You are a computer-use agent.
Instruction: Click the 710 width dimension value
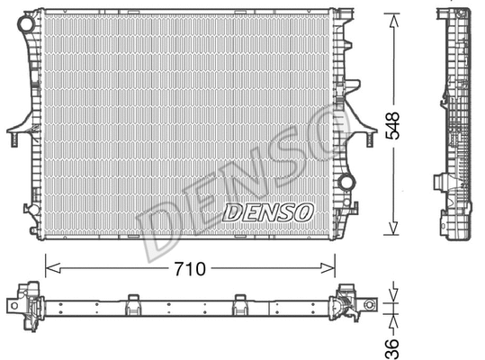pos(189,267)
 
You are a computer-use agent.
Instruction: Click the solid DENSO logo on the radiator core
pos(267,212)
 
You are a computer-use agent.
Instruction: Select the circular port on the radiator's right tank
pos(346,183)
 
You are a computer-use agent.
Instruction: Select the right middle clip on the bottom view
pos(239,303)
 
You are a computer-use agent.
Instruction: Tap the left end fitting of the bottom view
pos(27,304)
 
